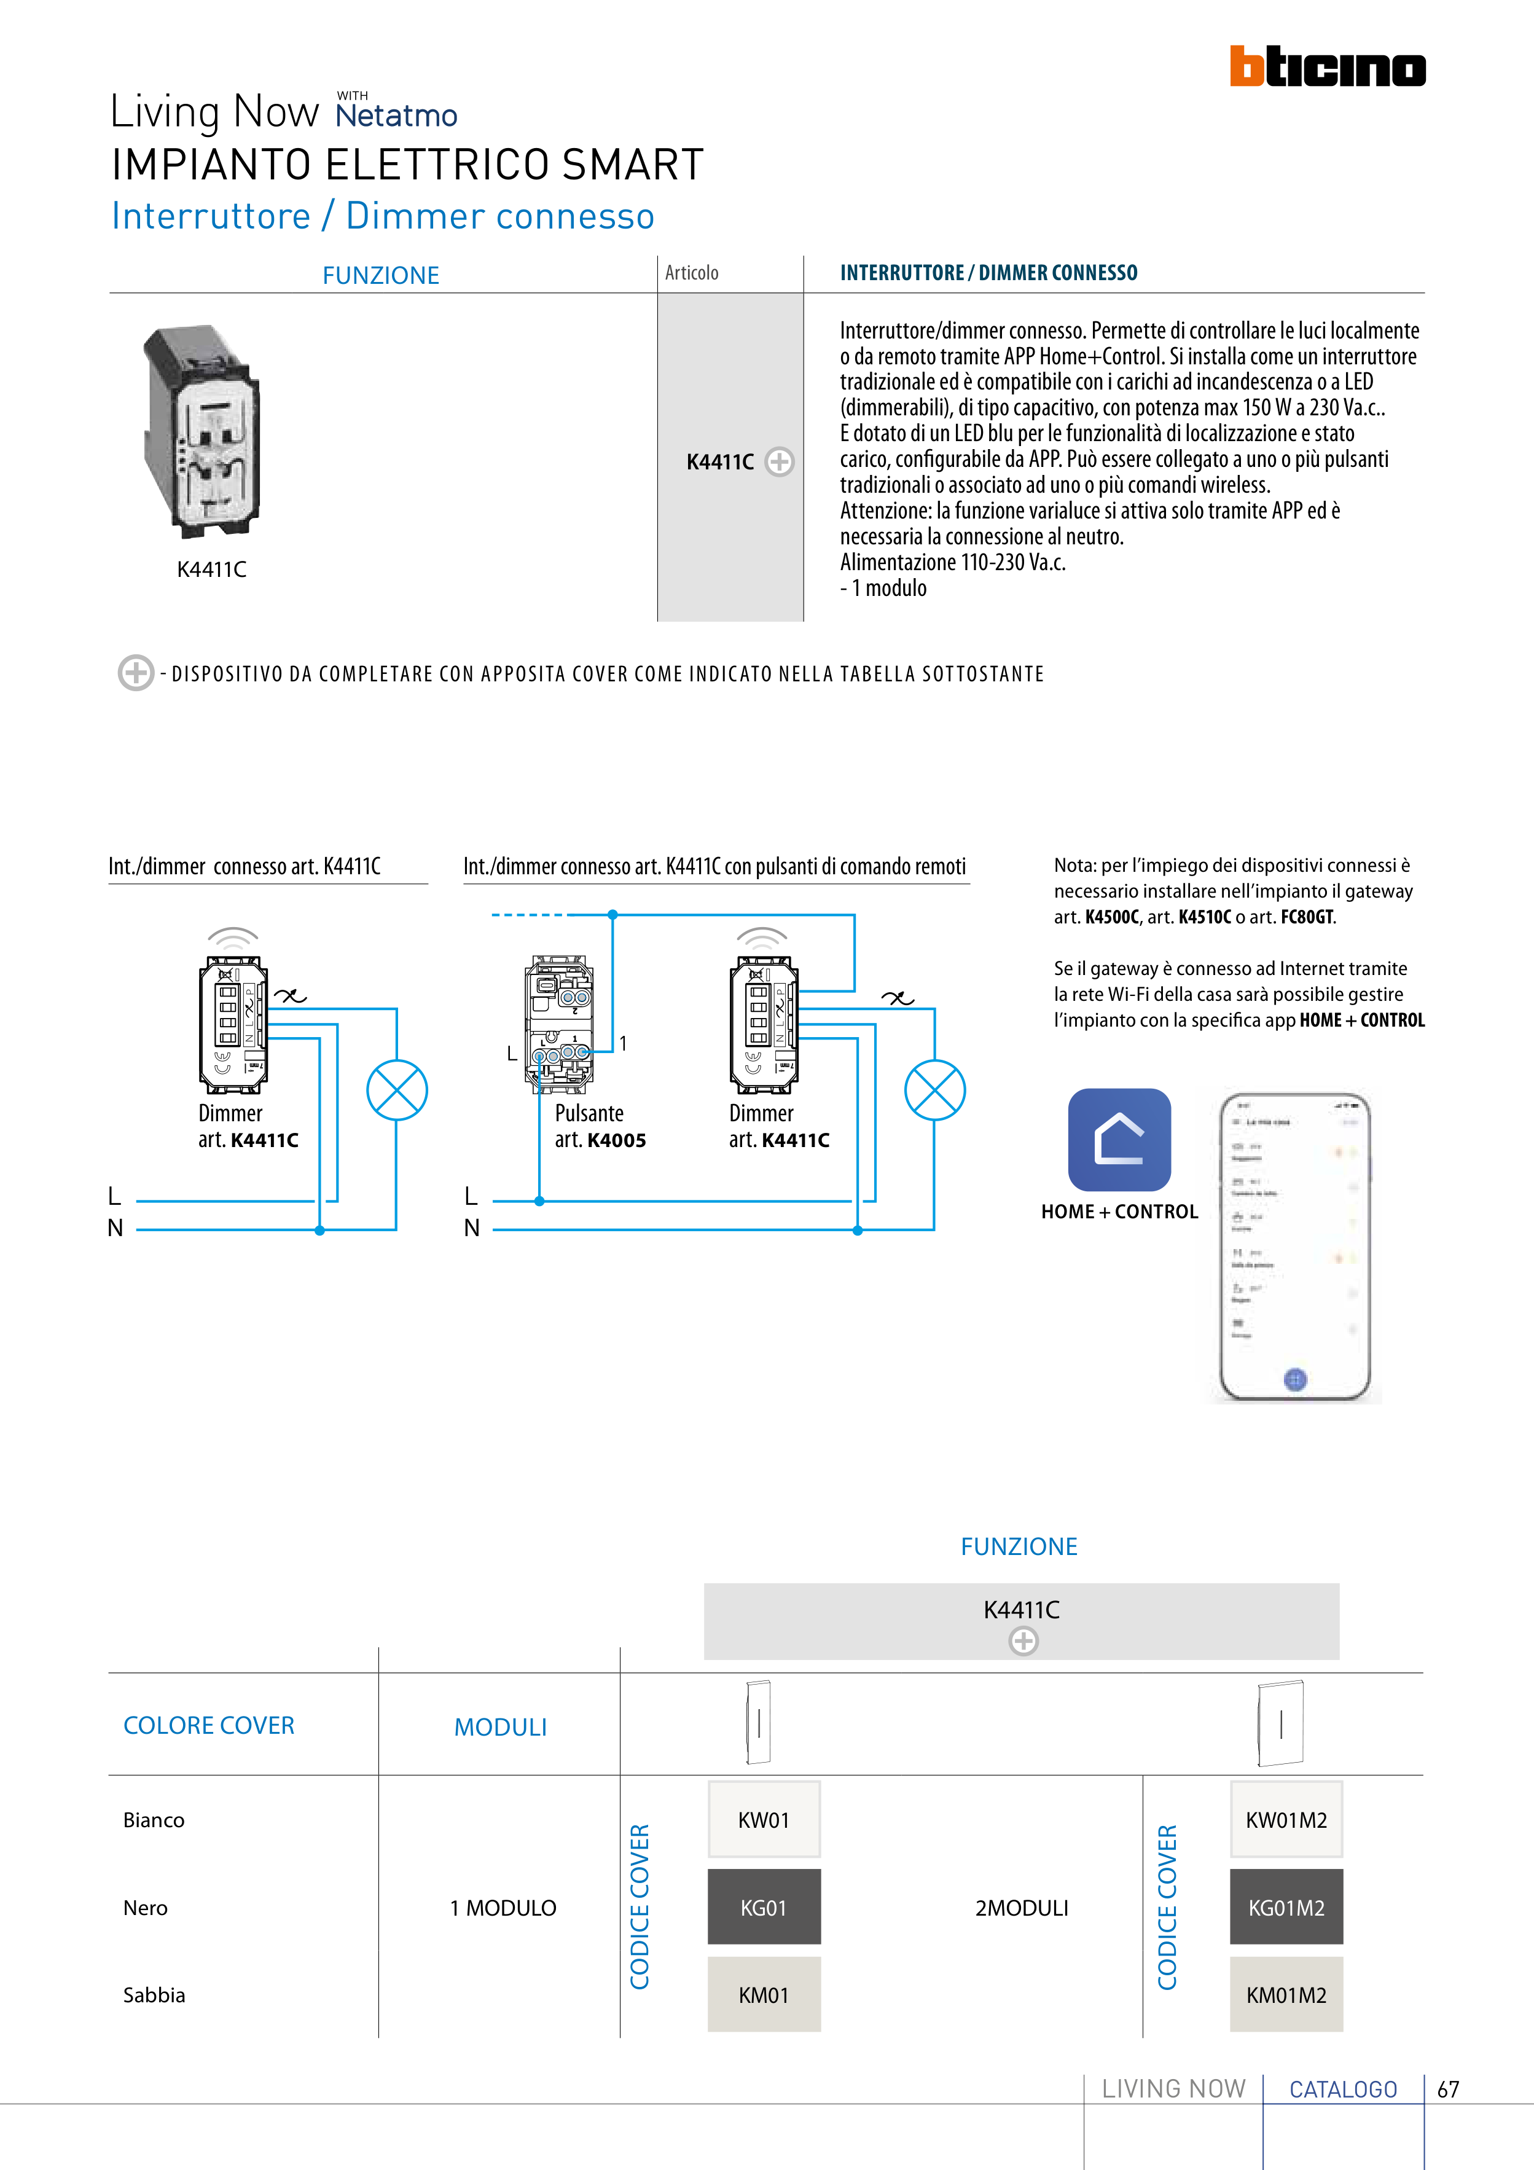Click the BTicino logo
click(1327, 67)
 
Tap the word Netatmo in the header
click(396, 116)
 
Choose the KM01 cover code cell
click(764, 1994)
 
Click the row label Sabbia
click(154, 1994)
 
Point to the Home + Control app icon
click(1119, 1139)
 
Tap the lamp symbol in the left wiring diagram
click(397, 1090)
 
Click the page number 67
click(1448, 2089)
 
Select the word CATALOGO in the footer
click(1343, 2089)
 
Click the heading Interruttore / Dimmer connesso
click(383, 216)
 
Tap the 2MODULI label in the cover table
click(1022, 1907)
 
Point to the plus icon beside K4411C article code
click(779, 461)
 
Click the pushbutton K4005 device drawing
click(560, 1025)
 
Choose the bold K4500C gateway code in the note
click(1111, 917)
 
